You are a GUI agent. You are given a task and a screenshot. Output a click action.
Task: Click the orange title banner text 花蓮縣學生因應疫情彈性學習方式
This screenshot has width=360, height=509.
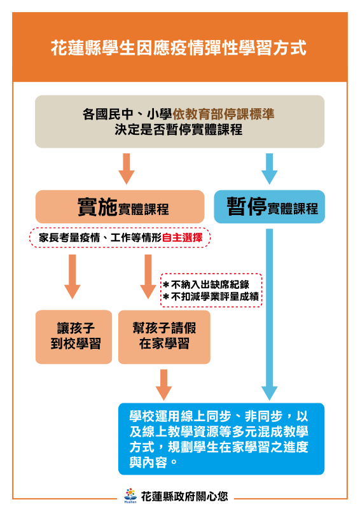179,48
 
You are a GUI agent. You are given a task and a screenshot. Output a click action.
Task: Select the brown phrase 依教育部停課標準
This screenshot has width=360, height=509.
223,114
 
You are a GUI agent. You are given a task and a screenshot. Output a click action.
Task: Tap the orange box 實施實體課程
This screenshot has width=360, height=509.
120,207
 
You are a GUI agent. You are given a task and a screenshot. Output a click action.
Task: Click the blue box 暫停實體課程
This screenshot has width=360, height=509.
270,207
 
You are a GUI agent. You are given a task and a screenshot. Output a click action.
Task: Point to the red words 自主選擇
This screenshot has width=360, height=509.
182,237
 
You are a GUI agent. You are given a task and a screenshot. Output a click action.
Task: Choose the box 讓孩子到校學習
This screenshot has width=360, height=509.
74,337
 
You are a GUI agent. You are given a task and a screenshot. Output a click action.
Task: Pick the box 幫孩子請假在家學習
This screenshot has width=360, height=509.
164,337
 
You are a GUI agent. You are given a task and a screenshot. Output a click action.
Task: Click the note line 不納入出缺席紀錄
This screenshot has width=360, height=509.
207,284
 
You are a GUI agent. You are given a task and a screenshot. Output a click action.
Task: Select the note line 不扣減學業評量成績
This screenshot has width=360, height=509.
211,296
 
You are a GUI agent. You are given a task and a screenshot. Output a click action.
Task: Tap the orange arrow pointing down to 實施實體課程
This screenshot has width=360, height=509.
127,169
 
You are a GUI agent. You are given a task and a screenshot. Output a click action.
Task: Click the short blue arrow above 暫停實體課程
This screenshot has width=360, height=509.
270,169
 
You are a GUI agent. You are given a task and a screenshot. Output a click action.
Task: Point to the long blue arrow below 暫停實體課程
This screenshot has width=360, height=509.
270,314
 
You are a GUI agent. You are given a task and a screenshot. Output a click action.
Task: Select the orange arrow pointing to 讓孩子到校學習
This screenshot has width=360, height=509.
73,277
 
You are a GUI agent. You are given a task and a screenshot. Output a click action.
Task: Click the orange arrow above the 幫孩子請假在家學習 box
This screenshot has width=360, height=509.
148,277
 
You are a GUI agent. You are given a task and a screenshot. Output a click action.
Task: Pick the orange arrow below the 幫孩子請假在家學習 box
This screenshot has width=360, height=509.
164,385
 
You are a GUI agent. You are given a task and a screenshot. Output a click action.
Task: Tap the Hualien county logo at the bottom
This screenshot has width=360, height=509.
130,495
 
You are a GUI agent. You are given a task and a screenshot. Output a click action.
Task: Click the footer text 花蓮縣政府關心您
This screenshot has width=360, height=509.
184,496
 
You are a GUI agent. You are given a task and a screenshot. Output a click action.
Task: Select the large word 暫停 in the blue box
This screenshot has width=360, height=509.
247,206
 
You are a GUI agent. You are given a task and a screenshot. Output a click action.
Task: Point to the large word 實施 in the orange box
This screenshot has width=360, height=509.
97,206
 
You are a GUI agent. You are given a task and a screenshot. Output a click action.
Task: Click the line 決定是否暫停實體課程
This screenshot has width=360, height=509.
179,130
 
